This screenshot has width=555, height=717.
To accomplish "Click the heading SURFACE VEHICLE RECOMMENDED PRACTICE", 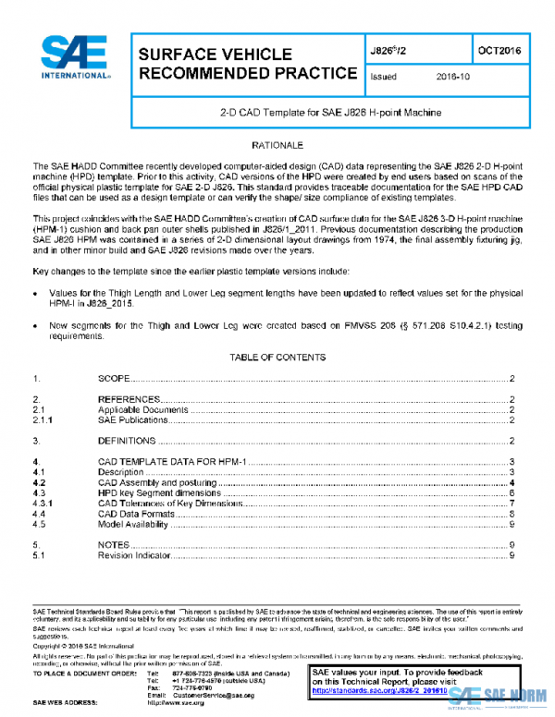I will click(x=247, y=64).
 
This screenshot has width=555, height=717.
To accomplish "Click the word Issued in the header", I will click(x=382, y=77).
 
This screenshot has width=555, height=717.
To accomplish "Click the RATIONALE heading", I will click(x=277, y=146).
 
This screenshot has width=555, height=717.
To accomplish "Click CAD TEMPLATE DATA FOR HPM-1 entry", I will click(x=171, y=461).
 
